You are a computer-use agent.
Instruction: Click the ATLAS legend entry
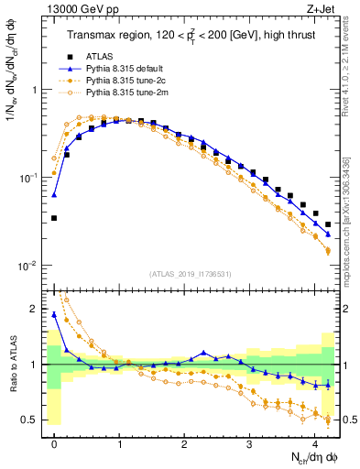tap(103, 58)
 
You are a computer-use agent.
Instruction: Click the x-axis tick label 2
tap(184, 442)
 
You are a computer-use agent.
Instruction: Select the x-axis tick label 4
tap(314, 442)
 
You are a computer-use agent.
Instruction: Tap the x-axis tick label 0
tap(54, 442)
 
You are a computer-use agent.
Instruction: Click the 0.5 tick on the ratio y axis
tap(33, 420)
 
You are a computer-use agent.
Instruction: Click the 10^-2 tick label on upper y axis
tap(28, 266)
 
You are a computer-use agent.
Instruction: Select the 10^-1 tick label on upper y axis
tap(28, 178)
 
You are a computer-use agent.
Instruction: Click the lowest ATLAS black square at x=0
tap(54, 218)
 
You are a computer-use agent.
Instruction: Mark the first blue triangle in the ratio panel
tap(54, 314)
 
